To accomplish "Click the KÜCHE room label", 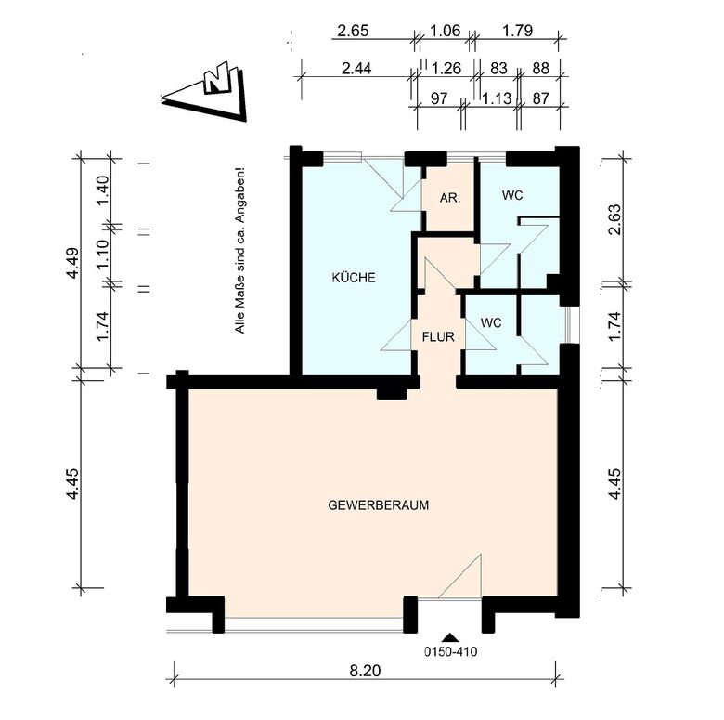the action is [354, 278].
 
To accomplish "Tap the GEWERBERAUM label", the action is [378, 505].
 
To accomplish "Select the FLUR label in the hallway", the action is [438, 337].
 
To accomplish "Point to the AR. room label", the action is [450, 198].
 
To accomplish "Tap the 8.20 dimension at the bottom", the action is [365, 671].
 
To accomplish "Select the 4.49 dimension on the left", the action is [72, 264].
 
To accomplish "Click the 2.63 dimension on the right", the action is [614, 219].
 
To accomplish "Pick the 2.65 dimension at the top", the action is [354, 31].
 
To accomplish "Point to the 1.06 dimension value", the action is [446, 31].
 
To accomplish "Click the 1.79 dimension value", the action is [518, 31].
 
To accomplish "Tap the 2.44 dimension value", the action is [356, 69].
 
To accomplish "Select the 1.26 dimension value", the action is [446, 69].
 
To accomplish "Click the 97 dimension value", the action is [439, 98].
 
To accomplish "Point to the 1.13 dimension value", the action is [497, 98].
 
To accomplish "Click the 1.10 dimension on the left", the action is [102, 254].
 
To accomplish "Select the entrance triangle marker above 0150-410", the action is [450, 637].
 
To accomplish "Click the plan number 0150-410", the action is [451, 651].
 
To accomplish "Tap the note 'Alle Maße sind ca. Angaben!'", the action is [239, 250].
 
